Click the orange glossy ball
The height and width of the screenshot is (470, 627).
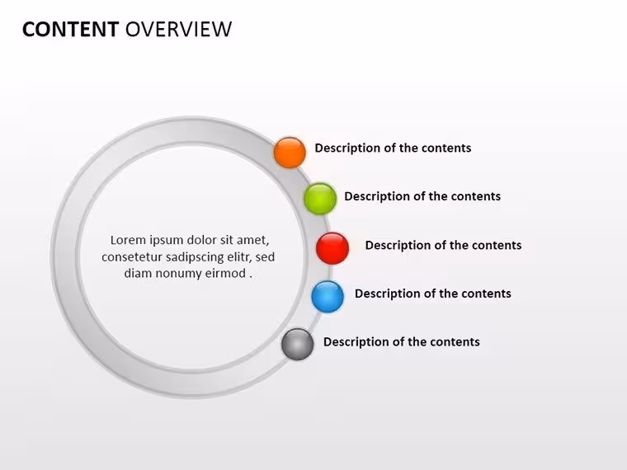click(x=290, y=153)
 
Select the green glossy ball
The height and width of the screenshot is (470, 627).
click(x=320, y=199)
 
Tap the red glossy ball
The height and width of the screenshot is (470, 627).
click(x=332, y=248)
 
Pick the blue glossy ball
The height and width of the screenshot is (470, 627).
click(x=328, y=297)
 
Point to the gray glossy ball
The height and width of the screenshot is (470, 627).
click(x=298, y=344)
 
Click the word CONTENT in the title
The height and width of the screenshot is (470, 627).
click(x=70, y=29)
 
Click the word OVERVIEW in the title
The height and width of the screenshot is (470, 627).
click(x=178, y=29)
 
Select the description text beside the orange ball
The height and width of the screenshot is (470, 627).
click(x=393, y=148)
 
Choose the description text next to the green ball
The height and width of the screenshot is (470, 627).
click(x=422, y=196)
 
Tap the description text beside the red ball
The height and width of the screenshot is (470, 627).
click(x=443, y=245)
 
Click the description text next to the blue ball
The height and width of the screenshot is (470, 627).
click(x=432, y=294)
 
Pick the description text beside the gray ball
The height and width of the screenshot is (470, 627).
click(x=402, y=341)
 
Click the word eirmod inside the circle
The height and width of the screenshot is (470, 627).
click(x=225, y=274)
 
